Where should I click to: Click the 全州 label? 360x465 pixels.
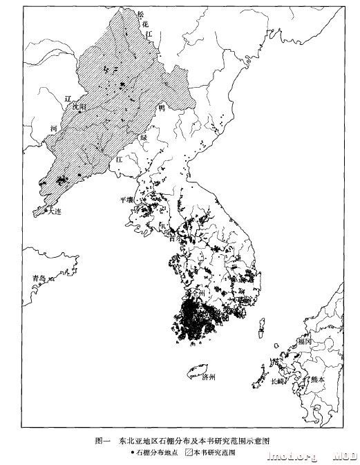[198, 293]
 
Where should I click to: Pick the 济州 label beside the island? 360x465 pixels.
[209, 377]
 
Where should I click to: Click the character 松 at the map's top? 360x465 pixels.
[141, 15]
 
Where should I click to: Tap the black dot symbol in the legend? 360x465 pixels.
[130, 453]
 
